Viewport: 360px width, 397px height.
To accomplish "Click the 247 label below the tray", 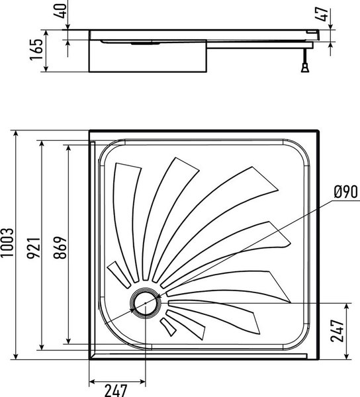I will click(x=118, y=388).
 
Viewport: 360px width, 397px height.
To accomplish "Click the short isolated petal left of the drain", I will click(x=119, y=275).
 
